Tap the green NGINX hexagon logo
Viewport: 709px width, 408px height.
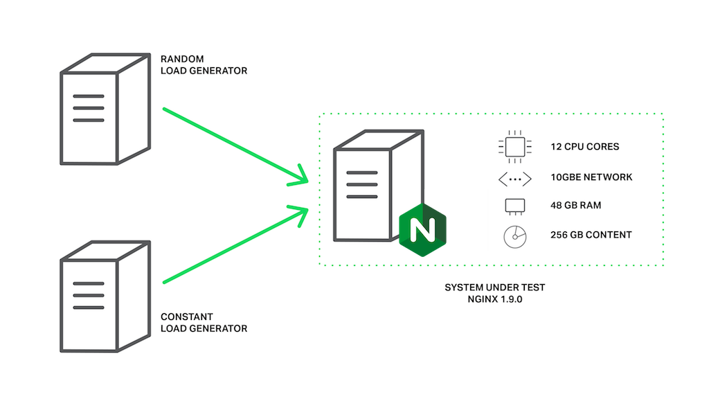tap(422, 227)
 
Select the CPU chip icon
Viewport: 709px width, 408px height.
tap(514, 147)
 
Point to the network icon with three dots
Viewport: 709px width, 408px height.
tap(514, 178)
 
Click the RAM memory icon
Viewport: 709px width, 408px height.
tap(514, 206)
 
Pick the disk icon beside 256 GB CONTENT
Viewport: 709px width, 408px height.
tap(514, 236)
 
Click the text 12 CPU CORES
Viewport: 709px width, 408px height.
tap(584, 147)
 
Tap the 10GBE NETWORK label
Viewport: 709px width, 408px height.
tap(591, 177)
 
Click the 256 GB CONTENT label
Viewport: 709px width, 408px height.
tap(591, 235)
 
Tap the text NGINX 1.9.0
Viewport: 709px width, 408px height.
tap(494, 299)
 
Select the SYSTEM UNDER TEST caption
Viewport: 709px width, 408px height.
tap(494, 287)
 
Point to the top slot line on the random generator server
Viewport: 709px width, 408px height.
tap(88, 96)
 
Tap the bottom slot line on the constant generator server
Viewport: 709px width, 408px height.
tap(88, 307)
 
